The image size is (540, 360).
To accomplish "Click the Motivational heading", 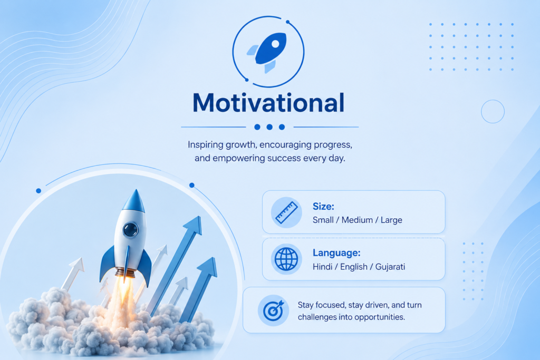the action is pyautogui.click(x=268, y=103).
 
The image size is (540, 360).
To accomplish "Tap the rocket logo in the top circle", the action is pyautogui.click(x=267, y=52).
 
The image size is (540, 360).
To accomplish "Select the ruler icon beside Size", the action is pyautogui.click(x=286, y=212).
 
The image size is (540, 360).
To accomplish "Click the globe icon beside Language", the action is pyautogui.click(x=286, y=259).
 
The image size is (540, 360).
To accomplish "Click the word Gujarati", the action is pyautogui.click(x=390, y=267).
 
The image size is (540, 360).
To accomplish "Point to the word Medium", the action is pyautogui.click(x=357, y=220).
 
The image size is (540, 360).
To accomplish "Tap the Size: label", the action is pyautogui.click(x=323, y=207).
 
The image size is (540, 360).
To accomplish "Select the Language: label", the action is pyautogui.click(x=336, y=254).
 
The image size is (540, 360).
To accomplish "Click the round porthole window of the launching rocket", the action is pyautogui.click(x=131, y=230).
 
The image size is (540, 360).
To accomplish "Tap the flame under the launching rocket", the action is pyautogui.click(x=123, y=293).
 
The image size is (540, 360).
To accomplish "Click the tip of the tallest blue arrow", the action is pyautogui.click(x=199, y=217).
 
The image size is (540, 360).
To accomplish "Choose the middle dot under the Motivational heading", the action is pyautogui.click(x=269, y=127).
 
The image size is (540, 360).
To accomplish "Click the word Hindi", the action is pyautogui.click(x=322, y=267).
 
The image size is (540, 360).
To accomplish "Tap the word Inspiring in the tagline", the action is pyautogui.click(x=205, y=145).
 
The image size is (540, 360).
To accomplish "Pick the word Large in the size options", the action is pyautogui.click(x=391, y=220).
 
